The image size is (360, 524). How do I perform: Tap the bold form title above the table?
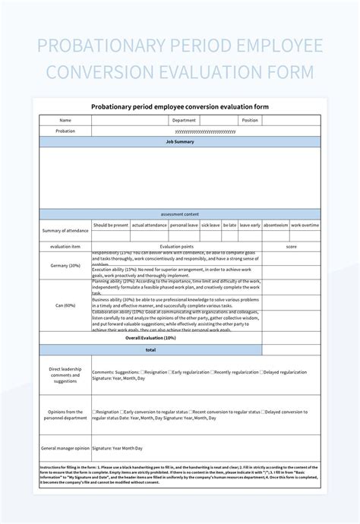tap(179, 106)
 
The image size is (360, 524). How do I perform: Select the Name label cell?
tap(65, 120)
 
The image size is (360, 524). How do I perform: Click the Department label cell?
tap(184, 120)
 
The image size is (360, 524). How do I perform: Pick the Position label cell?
tap(250, 120)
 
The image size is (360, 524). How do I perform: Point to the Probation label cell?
tap(65, 131)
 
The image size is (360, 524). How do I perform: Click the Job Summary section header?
tap(179, 142)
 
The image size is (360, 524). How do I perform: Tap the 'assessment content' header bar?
tap(179, 214)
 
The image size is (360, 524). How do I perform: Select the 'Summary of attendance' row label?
tap(65, 230)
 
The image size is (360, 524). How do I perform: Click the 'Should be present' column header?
tap(111, 225)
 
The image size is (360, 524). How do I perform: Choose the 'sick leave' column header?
tap(210, 225)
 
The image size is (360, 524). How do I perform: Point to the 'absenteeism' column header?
tap(276, 225)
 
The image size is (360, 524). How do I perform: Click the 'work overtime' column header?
tap(305, 225)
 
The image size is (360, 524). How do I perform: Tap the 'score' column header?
tap(291, 246)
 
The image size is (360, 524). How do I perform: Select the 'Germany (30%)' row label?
tap(65, 265)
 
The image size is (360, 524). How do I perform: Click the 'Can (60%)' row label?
tap(65, 305)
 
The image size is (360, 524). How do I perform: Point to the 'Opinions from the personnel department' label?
tap(65, 414)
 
